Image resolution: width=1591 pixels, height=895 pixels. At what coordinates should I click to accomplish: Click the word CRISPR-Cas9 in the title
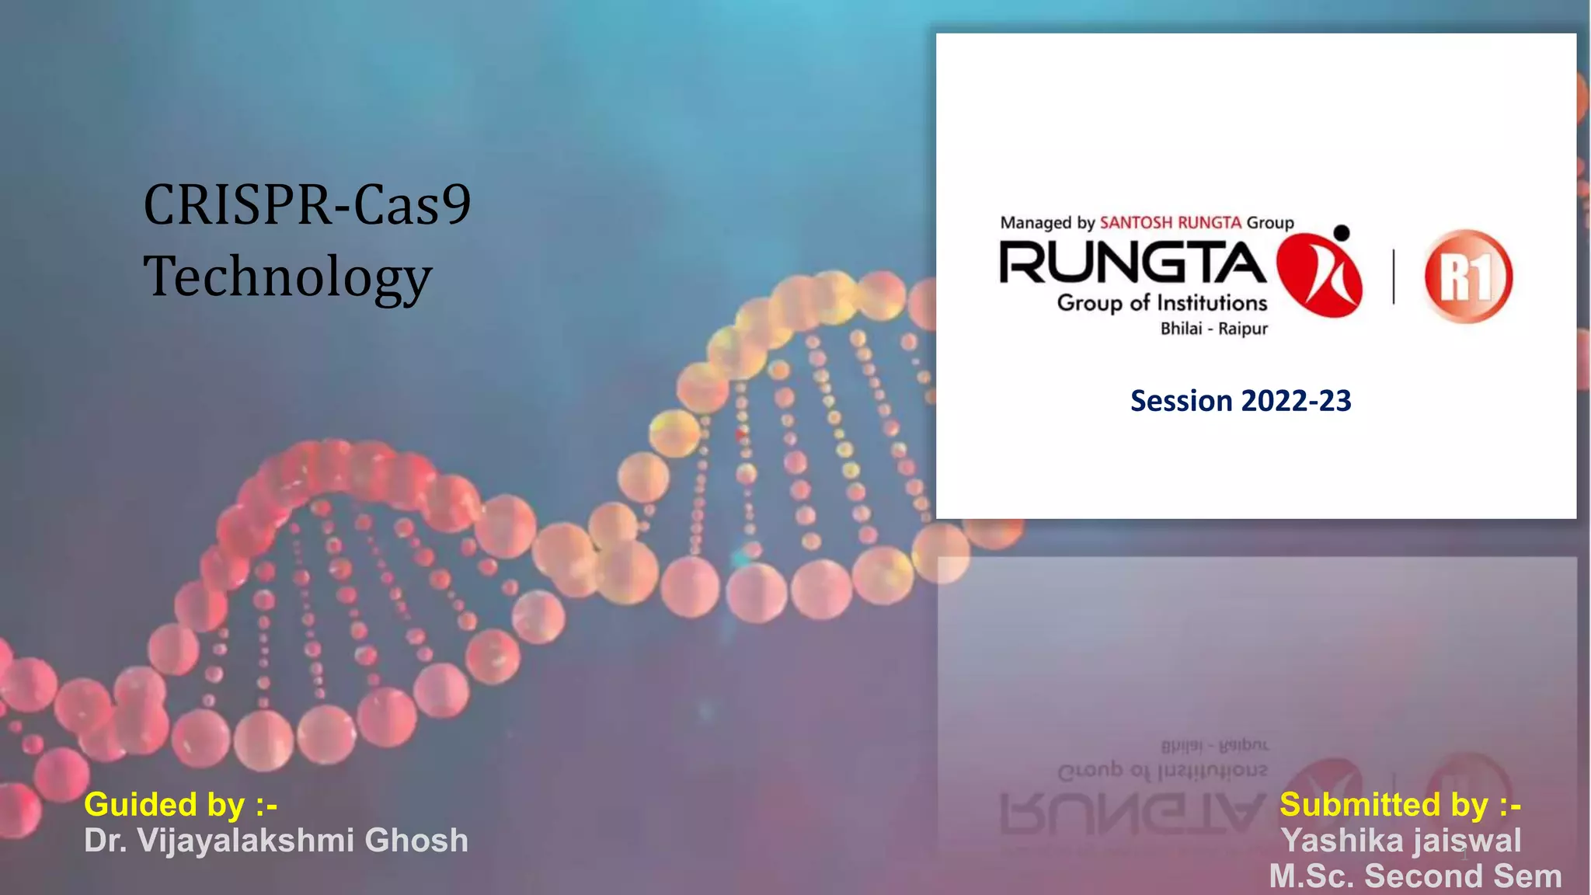tap(307, 205)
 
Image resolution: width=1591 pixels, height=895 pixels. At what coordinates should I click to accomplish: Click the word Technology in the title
tap(287, 277)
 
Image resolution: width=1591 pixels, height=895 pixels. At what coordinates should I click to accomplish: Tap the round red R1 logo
tap(1467, 277)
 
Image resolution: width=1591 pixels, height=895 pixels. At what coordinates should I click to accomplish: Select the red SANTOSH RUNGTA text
tap(1170, 223)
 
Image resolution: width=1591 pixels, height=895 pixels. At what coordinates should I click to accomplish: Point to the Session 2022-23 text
tap(1241, 401)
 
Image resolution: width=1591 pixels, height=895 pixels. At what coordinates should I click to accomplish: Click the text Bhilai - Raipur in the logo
tap(1213, 329)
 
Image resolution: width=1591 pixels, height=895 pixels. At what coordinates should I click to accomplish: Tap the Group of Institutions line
tap(1161, 303)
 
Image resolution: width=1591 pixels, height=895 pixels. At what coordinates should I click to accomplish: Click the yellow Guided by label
tap(180, 804)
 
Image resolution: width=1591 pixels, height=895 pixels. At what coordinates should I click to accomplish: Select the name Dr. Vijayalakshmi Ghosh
tap(276, 841)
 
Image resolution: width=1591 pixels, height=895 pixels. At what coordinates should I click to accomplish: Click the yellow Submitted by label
tap(1400, 804)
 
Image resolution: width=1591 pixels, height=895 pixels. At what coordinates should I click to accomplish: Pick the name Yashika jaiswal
tap(1401, 841)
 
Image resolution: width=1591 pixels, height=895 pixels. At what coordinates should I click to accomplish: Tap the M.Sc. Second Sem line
tap(1415, 876)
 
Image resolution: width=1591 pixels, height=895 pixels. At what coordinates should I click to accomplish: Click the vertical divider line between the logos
tap(1394, 277)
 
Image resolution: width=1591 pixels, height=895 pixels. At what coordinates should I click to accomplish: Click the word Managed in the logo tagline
tap(1036, 223)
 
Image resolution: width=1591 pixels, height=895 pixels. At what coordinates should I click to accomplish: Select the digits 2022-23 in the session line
tap(1296, 401)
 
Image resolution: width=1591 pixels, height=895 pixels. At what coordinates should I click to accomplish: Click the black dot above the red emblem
tap(1342, 232)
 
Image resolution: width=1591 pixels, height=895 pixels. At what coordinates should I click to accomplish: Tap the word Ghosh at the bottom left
tap(416, 841)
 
